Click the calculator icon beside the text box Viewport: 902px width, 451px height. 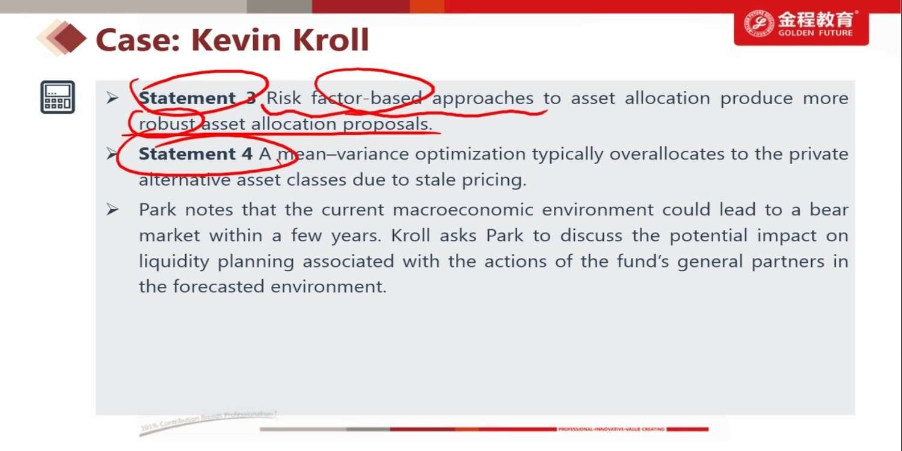tap(58, 97)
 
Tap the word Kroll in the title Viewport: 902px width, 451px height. tap(330, 40)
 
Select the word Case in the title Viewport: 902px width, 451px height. tap(138, 40)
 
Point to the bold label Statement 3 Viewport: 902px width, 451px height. tap(197, 98)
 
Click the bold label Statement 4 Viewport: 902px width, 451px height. tap(195, 154)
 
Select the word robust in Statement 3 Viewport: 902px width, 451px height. tap(167, 124)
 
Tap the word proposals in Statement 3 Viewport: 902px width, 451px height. tap(387, 124)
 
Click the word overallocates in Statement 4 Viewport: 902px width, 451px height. tap(667, 154)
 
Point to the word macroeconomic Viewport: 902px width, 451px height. tap(462, 210)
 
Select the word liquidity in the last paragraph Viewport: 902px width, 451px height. tap(174, 262)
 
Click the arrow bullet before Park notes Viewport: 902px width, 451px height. tap(112, 209)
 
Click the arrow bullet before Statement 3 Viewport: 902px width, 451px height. tap(112, 98)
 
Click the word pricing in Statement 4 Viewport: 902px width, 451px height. tap(494, 180)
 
